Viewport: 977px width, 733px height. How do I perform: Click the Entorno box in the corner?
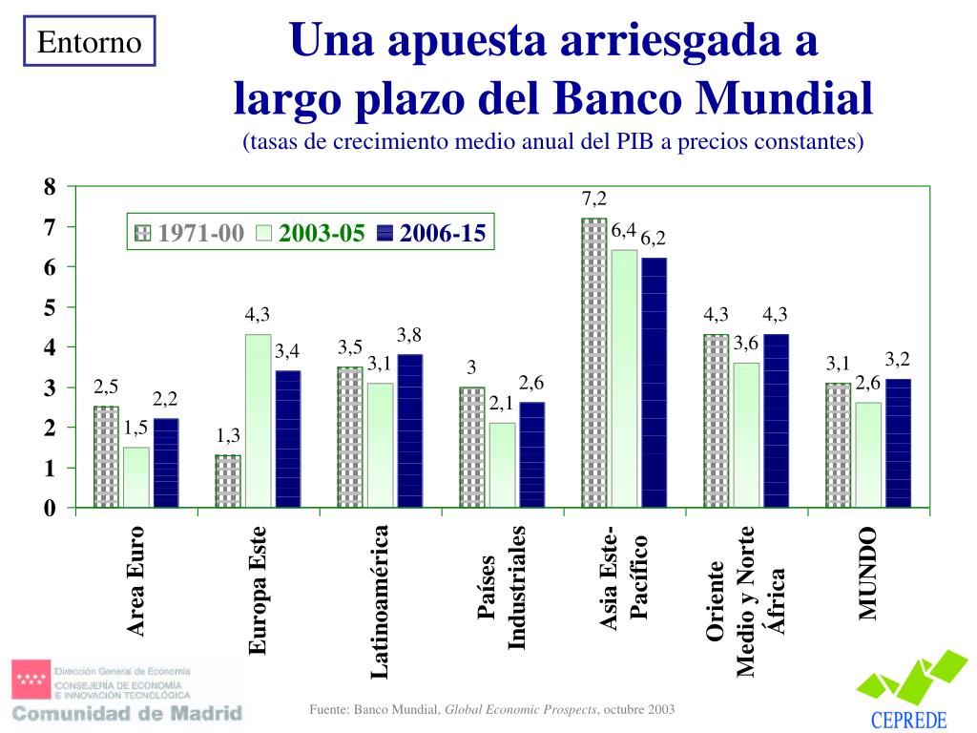click(90, 42)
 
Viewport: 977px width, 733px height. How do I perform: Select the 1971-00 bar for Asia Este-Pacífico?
click(593, 363)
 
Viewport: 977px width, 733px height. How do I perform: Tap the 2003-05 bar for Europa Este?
click(258, 420)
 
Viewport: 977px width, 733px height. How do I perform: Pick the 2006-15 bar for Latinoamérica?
click(409, 430)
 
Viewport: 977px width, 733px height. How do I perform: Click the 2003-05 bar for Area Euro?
click(136, 477)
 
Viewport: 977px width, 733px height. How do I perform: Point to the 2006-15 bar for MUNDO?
click(898, 443)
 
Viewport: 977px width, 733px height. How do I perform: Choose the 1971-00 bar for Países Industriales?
click(471, 447)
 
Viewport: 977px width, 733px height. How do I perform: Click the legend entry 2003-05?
click(312, 234)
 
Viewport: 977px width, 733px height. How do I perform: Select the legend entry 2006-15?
click(432, 234)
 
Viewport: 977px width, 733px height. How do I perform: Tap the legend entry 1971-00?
click(191, 234)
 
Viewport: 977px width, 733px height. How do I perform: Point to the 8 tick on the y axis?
click(50, 186)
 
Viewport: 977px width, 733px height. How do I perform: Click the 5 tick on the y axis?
click(50, 307)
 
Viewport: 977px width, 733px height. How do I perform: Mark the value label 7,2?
click(593, 199)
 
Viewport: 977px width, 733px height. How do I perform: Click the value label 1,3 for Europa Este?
click(228, 435)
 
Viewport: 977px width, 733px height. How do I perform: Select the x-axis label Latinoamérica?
click(380, 601)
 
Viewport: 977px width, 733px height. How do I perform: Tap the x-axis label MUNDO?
click(866, 573)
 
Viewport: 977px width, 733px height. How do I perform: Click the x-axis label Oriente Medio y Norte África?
click(746, 601)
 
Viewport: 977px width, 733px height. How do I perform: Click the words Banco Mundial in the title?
click(713, 96)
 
